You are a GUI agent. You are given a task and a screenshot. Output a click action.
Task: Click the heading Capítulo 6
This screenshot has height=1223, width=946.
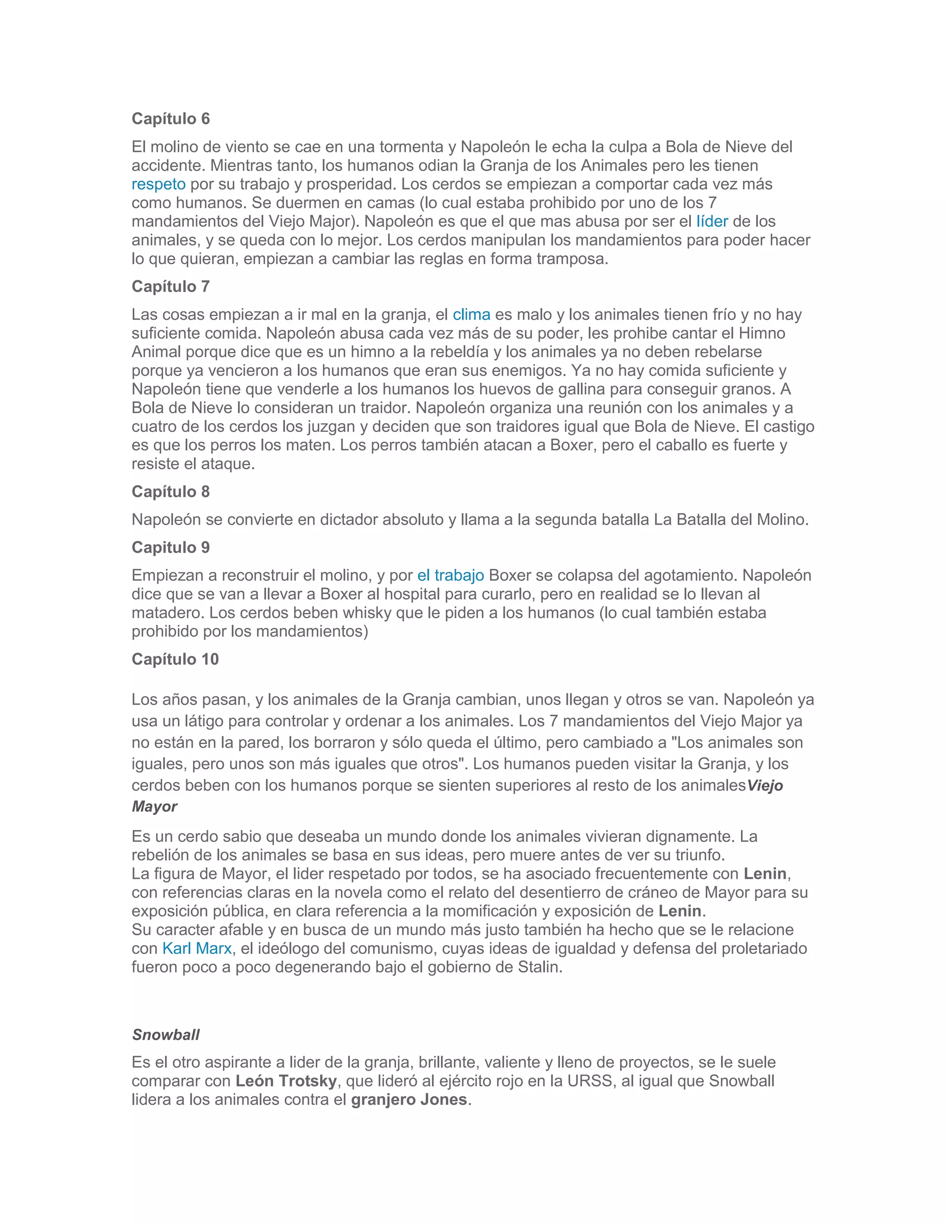(170, 119)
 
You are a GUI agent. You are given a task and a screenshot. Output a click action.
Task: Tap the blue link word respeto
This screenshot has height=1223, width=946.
(158, 184)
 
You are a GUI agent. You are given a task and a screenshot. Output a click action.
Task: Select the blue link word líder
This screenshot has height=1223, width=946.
(712, 221)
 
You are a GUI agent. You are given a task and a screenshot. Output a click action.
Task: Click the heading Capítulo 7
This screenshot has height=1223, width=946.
(170, 287)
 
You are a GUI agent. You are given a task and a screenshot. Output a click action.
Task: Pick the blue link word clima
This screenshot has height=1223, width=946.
(471, 315)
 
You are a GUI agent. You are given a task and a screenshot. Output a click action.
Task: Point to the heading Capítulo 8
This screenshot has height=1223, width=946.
(170, 492)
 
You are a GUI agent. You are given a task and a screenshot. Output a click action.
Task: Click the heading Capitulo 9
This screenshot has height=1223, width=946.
(170, 548)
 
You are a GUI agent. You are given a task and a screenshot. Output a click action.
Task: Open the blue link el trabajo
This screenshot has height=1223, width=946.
(450, 576)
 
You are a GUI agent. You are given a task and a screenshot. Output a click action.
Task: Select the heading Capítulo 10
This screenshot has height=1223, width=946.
(175, 659)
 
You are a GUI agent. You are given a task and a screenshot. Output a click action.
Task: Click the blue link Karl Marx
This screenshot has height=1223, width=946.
(197, 948)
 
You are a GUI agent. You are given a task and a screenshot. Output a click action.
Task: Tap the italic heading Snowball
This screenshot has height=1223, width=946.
(166, 1035)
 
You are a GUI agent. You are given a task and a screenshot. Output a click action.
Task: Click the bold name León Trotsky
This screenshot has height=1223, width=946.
(286, 1081)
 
